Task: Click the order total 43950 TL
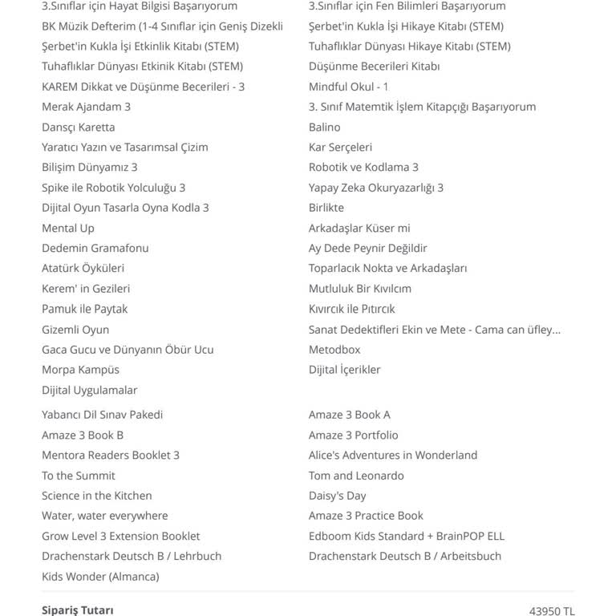click(x=552, y=610)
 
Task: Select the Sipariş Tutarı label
click(x=78, y=610)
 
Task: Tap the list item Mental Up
click(x=68, y=228)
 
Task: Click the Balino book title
click(x=325, y=127)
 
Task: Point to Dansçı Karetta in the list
click(x=79, y=127)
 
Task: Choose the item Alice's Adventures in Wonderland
click(x=393, y=455)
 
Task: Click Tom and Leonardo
click(x=356, y=476)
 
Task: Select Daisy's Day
click(x=338, y=496)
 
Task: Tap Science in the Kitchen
click(x=97, y=496)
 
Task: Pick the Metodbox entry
click(x=334, y=350)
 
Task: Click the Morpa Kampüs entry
click(x=80, y=370)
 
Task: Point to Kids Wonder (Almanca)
click(x=100, y=576)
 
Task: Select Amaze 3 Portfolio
click(x=354, y=435)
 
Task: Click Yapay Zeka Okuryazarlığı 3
click(x=376, y=188)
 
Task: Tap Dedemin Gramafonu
click(x=95, y=248)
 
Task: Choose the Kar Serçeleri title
click(x=340, y=147)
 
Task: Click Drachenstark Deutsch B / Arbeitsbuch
click(x=405, y=556)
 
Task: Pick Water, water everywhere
click(x=105, y=516)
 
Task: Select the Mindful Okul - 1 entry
click(x=349, y=87)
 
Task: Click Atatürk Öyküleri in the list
click(x=83, y=268)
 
